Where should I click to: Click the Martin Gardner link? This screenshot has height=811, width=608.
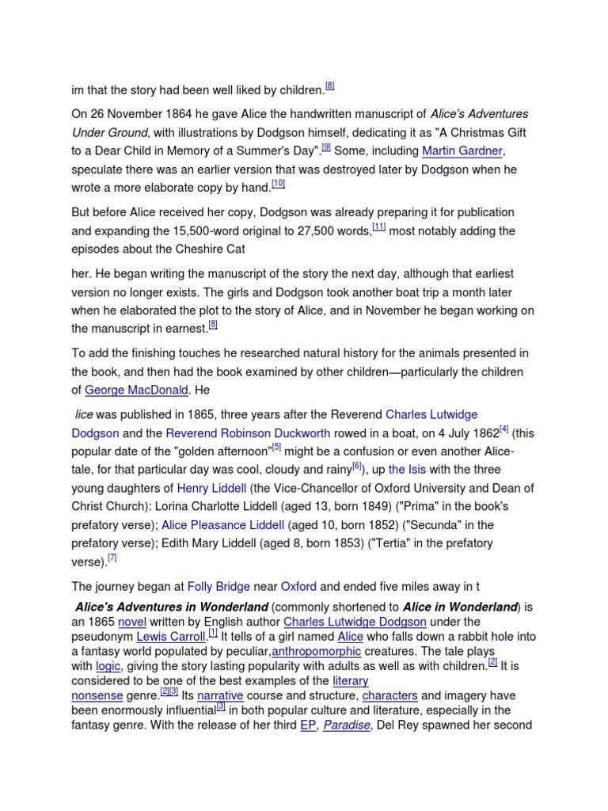click(x=462, y=151)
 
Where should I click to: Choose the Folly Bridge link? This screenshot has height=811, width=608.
click(x=218, y=587)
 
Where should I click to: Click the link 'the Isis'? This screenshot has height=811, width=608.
click(x=408, y=470)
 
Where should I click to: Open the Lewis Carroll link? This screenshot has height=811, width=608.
click(x=170, y=637)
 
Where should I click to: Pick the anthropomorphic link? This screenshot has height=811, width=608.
click(x=316, y=652)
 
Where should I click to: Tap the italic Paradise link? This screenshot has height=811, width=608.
click(x=346, y=725)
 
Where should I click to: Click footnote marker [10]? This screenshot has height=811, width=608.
click(x=278, y=184)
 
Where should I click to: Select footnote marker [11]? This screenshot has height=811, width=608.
click(x=378, y=227)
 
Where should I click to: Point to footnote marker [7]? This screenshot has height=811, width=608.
click(x=112, y=558)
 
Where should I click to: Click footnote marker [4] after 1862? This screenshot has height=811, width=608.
click(x=503, y=429)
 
